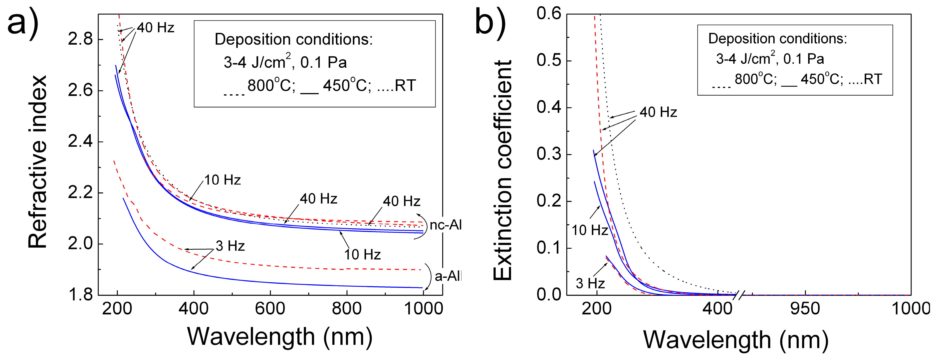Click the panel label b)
[490, 22]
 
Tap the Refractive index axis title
[38, 162]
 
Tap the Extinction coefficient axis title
[502, 171]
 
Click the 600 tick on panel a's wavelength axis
[270, 309]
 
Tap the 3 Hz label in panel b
[590, 283]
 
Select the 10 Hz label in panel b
[590, 230]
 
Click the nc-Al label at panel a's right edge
[446, 225]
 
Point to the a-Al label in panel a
[448, 276]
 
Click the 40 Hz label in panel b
[658, 112]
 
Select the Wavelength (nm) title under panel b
[736, 340]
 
